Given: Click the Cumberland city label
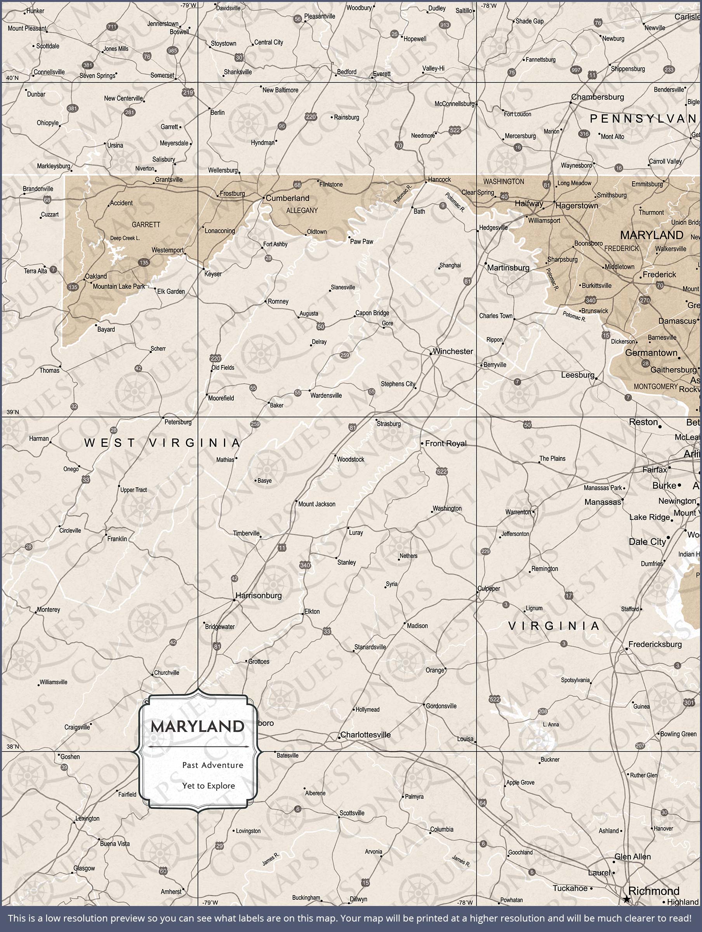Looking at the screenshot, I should click(287, 198).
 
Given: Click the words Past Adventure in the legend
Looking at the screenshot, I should click(212, 765).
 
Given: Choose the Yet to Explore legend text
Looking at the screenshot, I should click(208, 786).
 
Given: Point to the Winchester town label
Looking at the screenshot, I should click(453, 351).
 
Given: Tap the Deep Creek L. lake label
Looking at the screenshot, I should click(125, 238).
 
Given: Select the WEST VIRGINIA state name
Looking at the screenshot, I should click(162, 442).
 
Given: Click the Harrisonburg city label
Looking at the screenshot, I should click(258, 595).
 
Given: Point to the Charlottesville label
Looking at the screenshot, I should click(365, 734).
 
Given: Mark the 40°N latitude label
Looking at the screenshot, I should click(12, 78).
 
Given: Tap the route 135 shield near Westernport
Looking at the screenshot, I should click(144, 263).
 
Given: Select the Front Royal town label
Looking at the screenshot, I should click(445, 443).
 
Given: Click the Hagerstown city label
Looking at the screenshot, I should click(577, 205).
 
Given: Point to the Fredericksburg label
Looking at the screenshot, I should click(655, 644).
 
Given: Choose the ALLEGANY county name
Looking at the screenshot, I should click(302, 210).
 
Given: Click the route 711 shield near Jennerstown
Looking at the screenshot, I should click(112, 26).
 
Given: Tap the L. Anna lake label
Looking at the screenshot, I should click(551, 724).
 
